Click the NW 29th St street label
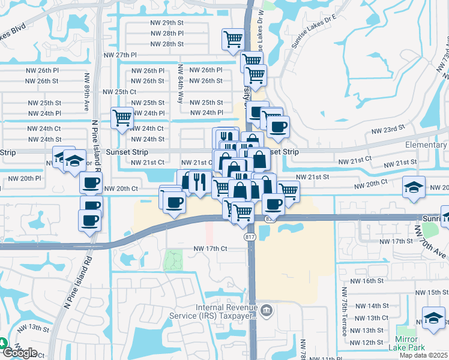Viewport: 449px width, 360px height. click(167, 22)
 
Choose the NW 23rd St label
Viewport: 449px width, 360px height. click(385, 130)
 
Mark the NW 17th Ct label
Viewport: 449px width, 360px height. click(210, 248)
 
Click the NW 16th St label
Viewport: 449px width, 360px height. click(366, 281)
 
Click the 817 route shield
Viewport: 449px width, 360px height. click(250, 238)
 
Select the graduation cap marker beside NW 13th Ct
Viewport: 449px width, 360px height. click(433, 317)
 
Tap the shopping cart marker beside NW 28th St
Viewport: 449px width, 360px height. click(233, 40)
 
